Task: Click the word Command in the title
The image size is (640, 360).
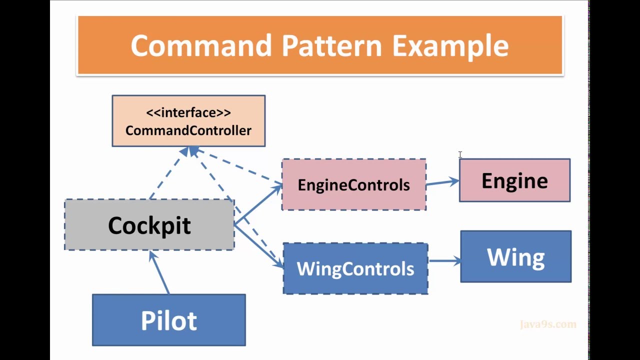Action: tap(202, 45)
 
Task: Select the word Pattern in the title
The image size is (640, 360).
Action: tap(332, 45)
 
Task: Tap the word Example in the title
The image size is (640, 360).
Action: tap(450, 45)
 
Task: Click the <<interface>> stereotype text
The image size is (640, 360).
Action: tap(188, 112)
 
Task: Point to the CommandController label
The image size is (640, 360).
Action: tap(188, 130)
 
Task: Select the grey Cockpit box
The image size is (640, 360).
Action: tap(149, 225)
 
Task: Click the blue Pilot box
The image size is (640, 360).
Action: tap(169, 320)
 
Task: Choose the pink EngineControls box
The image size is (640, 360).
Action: tap(353, 185)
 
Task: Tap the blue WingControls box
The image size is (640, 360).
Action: tap(355, 268)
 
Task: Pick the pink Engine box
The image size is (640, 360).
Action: tap(514, 180)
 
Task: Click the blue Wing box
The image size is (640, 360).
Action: tap(515, 256)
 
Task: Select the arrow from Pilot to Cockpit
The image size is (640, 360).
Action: tap(160, 272)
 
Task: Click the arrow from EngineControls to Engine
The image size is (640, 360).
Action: tap(442, 182)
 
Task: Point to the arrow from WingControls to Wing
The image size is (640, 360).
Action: tap(444, 260)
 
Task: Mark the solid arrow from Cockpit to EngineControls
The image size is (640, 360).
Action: tap(257, 204)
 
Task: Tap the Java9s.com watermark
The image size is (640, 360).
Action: tap(548, 324)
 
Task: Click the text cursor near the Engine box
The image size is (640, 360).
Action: tap(460, 155)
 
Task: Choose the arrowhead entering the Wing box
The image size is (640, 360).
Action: tap(456, 260)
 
